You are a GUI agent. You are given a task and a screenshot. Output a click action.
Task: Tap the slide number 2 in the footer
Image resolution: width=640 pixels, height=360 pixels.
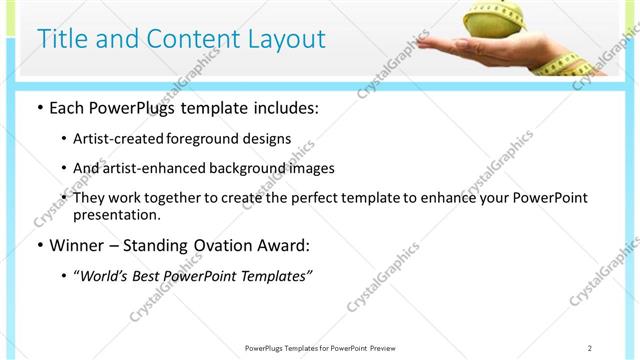click(590, 348)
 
